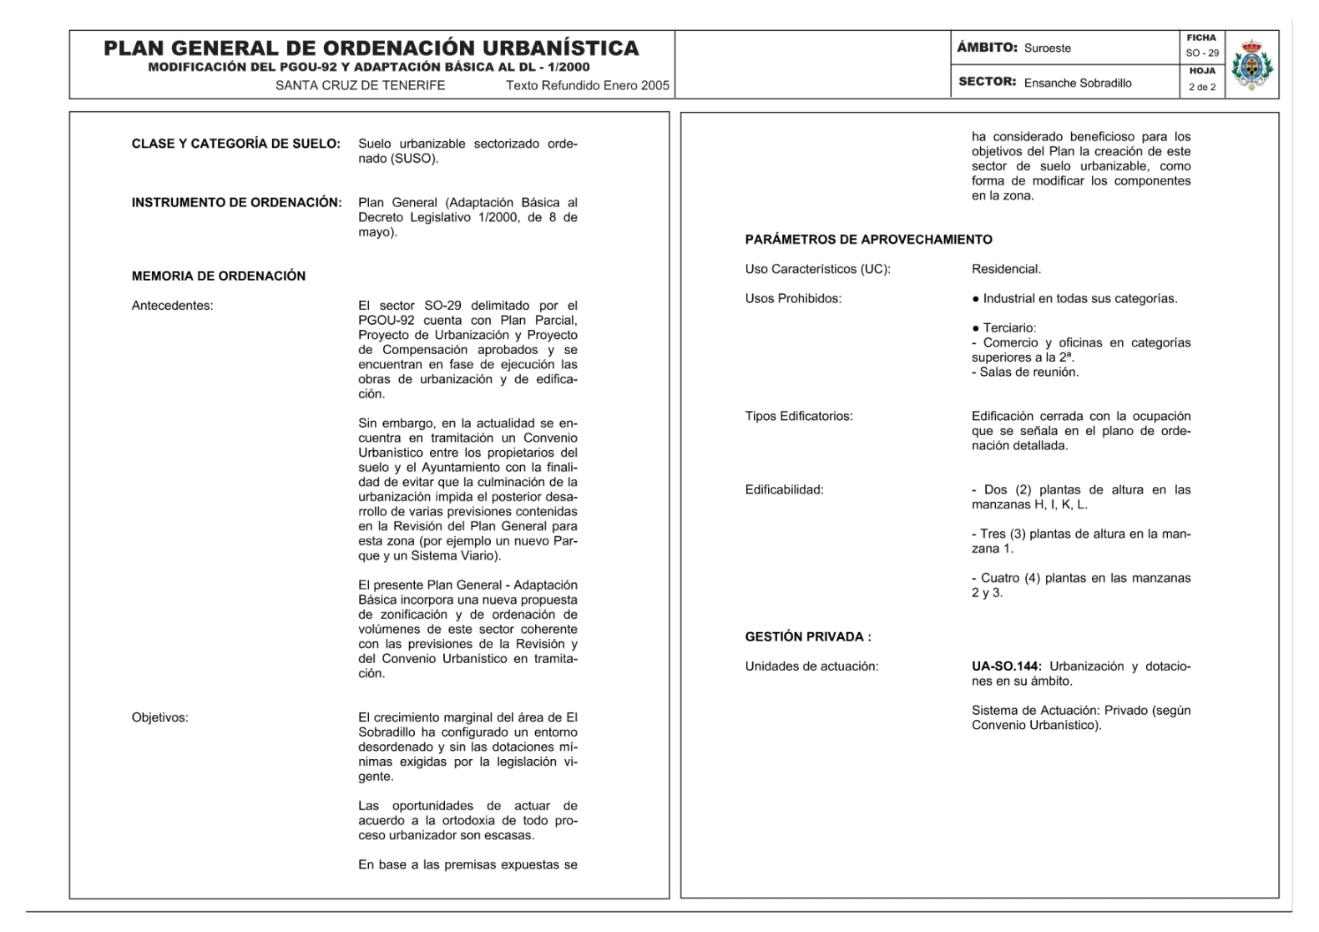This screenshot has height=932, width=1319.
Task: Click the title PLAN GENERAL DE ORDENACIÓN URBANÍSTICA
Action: click(371, 48)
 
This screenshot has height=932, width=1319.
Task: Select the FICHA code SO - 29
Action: click(1202, 53)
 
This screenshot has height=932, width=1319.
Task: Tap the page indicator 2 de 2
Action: click(1202, 87)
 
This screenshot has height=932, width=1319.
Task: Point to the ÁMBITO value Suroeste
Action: click(1048, 48)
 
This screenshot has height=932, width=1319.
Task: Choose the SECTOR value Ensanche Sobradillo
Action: click(1078, 83)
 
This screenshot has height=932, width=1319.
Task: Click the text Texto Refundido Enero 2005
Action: click(588, 85)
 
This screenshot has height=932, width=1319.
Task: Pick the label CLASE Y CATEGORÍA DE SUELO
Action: click(235, 144)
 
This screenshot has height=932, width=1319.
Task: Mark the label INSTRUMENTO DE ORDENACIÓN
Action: click(236, 203)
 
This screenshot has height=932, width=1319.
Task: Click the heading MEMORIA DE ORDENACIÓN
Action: click(219, 276)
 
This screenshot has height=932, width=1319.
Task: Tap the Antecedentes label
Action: click(173, 306)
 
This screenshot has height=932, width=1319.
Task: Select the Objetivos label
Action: click(160, 717)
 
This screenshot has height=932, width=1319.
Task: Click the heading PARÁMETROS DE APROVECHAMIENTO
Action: click(868, 240)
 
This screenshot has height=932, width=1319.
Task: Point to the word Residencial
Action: click(1006, 270)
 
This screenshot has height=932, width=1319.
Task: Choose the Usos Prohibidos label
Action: click(793, 299)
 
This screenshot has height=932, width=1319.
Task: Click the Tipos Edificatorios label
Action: click(799, 417)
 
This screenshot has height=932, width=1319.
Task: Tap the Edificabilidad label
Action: click(785, 490)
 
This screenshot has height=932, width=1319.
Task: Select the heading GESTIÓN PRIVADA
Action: click(808, 637)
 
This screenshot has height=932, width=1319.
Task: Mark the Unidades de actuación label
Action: click(811, 666)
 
